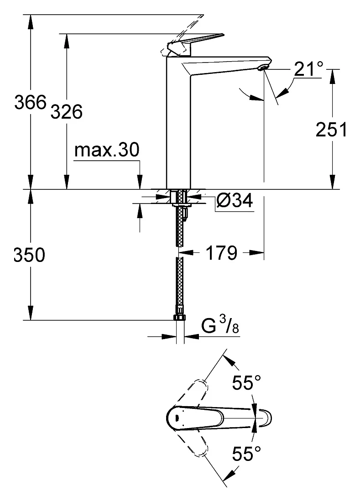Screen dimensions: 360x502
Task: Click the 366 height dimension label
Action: (31, 102)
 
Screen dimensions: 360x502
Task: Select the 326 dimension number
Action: (67, 112)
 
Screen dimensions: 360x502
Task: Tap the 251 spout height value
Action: (331, 130)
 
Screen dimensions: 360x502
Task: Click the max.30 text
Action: (107, 150)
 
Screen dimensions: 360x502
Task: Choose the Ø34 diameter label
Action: (234, 200)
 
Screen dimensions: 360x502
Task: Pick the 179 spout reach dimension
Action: (221, 253)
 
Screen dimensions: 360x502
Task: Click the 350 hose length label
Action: (30, 255)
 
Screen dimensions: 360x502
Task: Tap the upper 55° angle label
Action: (246, 382)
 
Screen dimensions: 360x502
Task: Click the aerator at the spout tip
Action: (264, 67)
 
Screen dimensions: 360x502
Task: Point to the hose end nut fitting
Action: (180, 317)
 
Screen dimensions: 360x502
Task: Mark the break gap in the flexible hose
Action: (180, 251)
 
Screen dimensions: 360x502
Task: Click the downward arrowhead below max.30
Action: (139, 183)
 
